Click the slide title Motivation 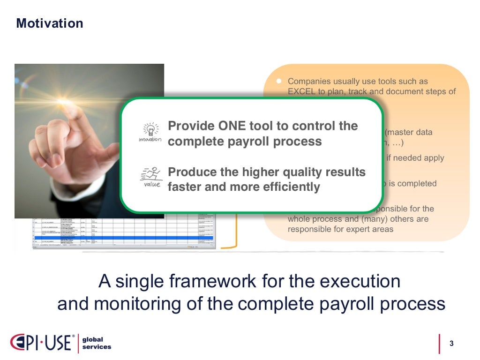[50, 23]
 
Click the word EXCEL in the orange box [301, 92]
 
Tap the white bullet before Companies [278, 81]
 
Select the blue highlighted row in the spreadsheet [122, 238]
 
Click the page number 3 [451, 344]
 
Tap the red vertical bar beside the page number [439, 344]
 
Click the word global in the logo [93, 339]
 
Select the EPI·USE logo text [41, 343]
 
